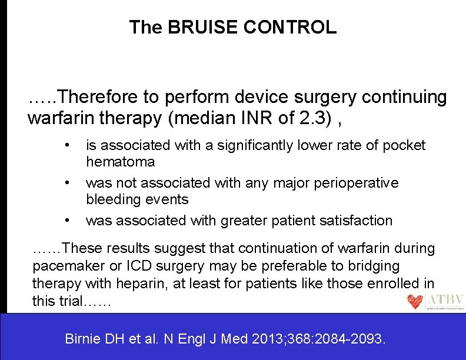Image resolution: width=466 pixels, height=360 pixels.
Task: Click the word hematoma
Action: pos(121,161)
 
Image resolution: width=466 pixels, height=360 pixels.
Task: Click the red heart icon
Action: pos(415,302)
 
